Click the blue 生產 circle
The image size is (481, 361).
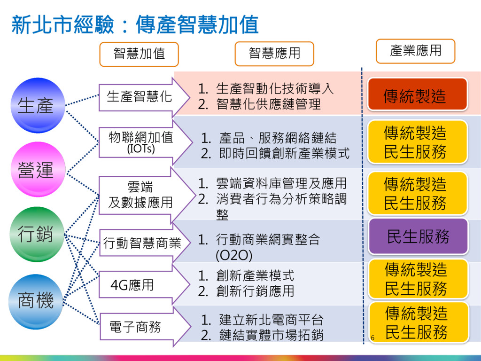pyautogui.click(x=37, y=105)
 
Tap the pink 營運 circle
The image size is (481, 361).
pyautogui.click(x=37, y=169)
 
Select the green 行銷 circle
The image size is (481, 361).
pyautogui.click(x=37, y=234)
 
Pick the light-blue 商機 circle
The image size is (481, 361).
pyautogui.click(x=37, y=301)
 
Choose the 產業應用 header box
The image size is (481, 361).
pyautogui.click(x=416, y=51)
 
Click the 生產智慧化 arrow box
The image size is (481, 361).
pyautogui.click(x=140, y=97)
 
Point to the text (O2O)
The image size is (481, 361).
pyautogui.click(x=233, y=255)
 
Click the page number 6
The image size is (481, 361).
pyautogui.click(x=372, y=338)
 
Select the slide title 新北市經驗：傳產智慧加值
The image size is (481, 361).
pyautogui.click(x=135, y=24)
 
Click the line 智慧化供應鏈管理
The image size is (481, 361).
pyautogui.click(x=268, y=104)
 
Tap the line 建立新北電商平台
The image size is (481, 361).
pyautogui.click(x=271, y=321)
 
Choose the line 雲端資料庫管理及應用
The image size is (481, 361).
pyautogui.click(x=281, y=183)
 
